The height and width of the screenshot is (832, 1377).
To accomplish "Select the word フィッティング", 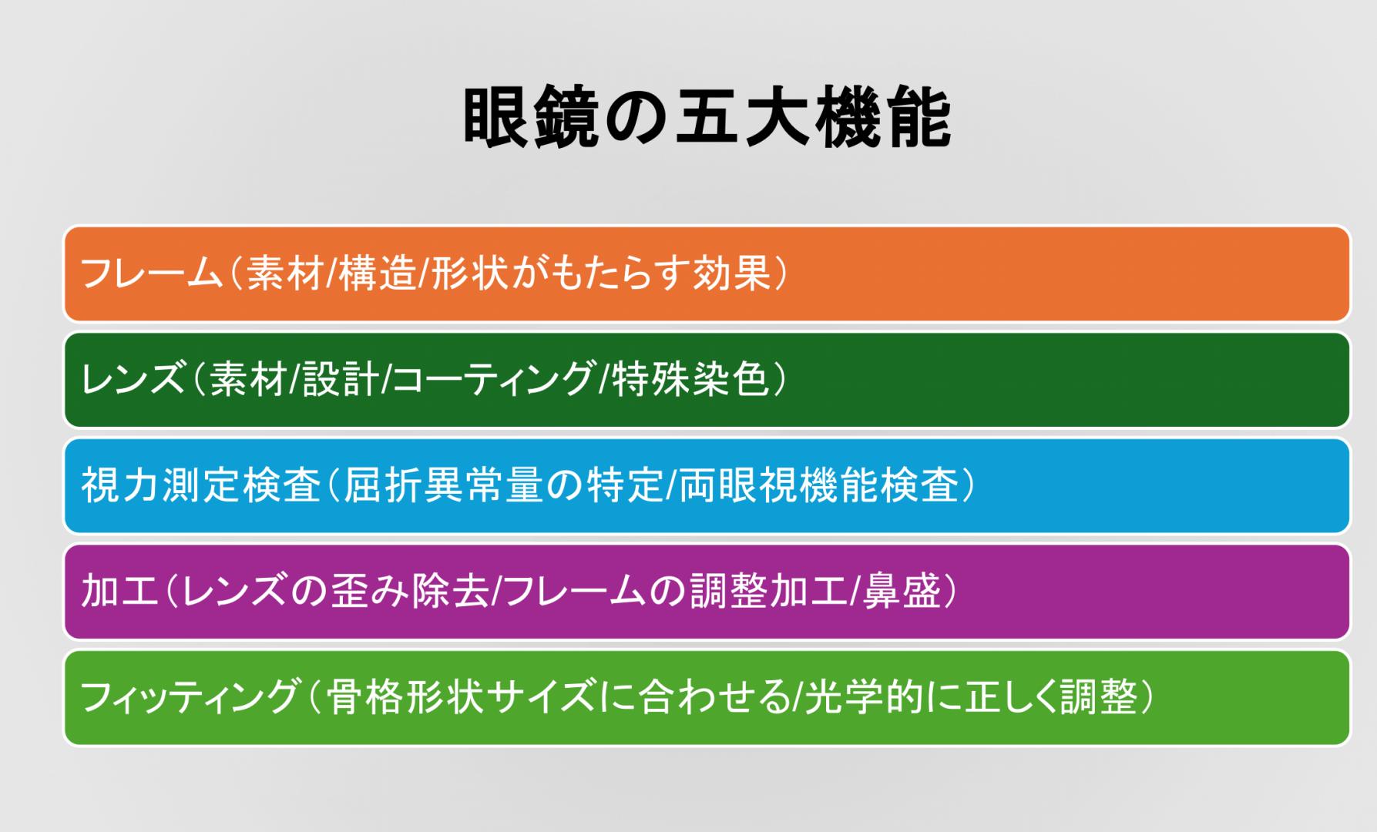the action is point(189,697).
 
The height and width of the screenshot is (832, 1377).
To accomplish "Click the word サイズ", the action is point(540,697).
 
